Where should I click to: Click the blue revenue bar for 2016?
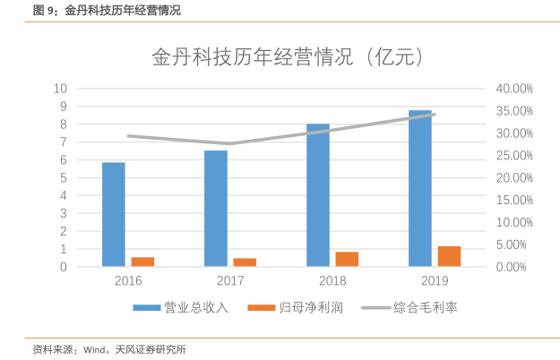[114, 215]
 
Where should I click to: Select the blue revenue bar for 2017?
[216, 209]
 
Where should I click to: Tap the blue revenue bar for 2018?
[318, 195]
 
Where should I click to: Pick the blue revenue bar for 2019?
[419, 188]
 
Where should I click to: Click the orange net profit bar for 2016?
[142, 261]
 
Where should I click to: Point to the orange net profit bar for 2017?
[245, 262]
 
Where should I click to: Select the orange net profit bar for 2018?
[347, 259]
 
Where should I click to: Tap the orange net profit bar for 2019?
[449, 256]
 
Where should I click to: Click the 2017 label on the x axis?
[230, 281]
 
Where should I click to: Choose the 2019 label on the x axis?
[435, 281]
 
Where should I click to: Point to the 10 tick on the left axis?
[61, 89]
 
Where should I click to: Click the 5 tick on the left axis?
[64, 177]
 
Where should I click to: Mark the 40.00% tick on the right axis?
[514, 89]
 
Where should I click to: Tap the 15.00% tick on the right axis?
[514, 200]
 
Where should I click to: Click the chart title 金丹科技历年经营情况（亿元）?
[287, 59]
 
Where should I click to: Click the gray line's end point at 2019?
[435, 115]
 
